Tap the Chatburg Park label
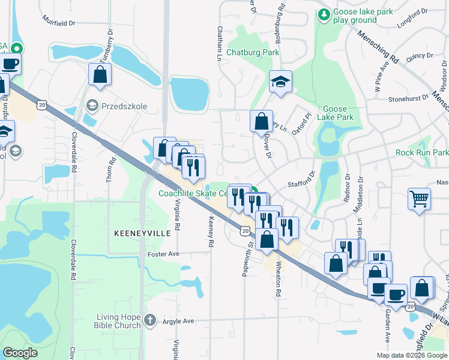(x=253, y=53)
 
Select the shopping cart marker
(x=419, y=199)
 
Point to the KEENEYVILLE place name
(x=134, y=232)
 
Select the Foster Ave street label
(x=164, y=254)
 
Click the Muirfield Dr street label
(x=59, y=23)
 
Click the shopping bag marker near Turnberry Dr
(x=100, y=75)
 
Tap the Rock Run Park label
(x=422, y=153)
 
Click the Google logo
(x=20, y=353)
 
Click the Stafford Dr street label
(x=301, y=179)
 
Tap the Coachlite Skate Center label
(x=192, y=193)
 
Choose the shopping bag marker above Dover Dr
(x=261, y=121)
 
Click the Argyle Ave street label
(x=178, y=321)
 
